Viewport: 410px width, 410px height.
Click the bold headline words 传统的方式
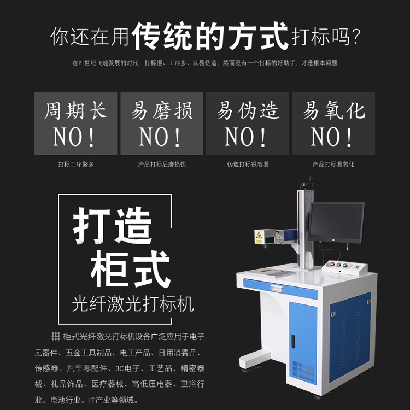tap(210, 36)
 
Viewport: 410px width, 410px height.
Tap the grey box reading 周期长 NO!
tap(75, 124)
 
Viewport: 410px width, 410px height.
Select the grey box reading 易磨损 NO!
tap(162, 124)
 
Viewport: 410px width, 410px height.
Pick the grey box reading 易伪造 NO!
tap(247, 124)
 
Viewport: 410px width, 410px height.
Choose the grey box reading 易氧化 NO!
tap(333, 124)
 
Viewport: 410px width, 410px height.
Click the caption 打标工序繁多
tap(76, 164)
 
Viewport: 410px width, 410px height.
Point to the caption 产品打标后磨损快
tap(162, 164)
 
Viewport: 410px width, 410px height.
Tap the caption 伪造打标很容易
tap(248, 164)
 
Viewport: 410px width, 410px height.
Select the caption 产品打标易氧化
tap(333, 164)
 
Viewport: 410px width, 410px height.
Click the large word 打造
tap(113, 226)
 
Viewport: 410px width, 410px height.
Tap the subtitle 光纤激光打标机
tap(133, 304)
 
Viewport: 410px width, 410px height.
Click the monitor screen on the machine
tap(336, 222)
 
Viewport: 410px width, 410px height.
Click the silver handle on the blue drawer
tap(276, 288)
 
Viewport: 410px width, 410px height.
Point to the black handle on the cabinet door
tap(293, 342)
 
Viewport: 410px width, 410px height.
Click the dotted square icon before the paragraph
tap(55, 336)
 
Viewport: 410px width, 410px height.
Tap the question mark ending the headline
tap(356, 37)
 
